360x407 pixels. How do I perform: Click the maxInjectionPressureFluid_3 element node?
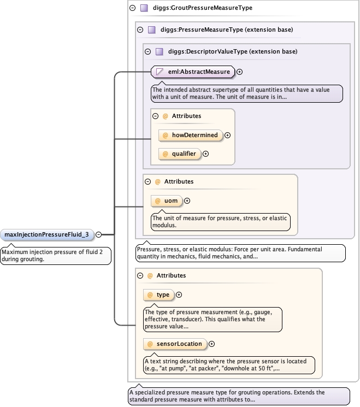(x=46, y=234)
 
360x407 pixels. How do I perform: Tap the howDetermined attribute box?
(x=190, y=135)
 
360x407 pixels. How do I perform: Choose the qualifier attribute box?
(x=179, y=154)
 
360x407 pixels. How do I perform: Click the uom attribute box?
(x=167, y=200)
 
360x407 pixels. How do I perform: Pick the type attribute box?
(x=158, y=294)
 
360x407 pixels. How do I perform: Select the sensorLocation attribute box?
(x=175, y=344)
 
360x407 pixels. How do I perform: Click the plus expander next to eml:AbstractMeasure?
(x=239, y=71)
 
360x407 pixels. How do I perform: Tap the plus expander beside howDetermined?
(x=228, y=135)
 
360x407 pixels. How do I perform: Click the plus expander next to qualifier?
(x=206, y=154)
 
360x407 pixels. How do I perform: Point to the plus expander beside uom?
(x=187, y=200)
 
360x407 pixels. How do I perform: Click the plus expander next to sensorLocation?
(x=212, y=344)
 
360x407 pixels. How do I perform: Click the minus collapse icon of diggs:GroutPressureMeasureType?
(x=132, y=8)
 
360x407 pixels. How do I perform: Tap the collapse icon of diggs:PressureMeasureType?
(x=140, y=30)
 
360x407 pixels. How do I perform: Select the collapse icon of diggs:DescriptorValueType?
(x=147, y=51)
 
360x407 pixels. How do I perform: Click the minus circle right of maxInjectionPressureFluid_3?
(x=99, y=234)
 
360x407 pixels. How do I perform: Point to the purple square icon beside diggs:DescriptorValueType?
(x=160, y=51)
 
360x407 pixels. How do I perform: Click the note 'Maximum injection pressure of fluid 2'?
(x=55, y=255)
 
